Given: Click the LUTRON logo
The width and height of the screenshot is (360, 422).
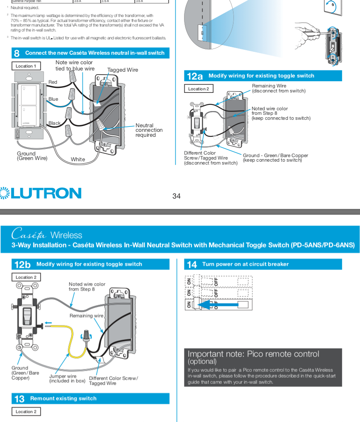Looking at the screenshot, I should [x=41, y=193].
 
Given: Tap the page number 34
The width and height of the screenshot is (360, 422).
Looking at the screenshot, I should [x=176, y=196].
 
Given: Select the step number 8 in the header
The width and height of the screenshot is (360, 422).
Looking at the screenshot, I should [x=17, y=53].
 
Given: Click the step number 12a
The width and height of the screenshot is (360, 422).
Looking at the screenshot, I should [x=195, y=76].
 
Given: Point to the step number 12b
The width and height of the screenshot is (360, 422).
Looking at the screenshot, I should [x=22, y=264].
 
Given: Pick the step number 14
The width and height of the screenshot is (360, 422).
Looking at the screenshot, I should [x=192, y=264].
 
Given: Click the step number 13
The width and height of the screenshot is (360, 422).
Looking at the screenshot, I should [x=19, y=399].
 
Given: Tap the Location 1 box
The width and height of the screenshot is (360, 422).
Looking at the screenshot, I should [x=26, y=66].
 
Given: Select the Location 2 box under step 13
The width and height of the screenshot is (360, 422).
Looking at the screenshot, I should [x=26, y=412].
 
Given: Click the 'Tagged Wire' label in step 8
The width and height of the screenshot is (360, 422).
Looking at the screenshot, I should [x=123, y=70].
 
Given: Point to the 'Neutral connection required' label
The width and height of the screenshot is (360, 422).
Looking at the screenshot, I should [x=149, y=130].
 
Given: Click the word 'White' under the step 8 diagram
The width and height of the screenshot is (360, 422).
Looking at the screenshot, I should [x=78, y=159].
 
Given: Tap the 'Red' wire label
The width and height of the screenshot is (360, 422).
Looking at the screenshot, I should [x=53, y=82].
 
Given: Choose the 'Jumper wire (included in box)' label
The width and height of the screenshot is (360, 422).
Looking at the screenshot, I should [x=67, y=378].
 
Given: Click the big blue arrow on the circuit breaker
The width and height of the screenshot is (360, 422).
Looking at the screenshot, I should [x=216, y=305].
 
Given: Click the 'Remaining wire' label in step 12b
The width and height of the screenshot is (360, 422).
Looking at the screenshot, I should [x=86, y=316].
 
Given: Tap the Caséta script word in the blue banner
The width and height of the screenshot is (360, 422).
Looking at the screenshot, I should [x=29, y=235].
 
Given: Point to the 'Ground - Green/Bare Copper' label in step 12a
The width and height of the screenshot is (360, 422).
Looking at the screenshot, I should [x=275, y=158].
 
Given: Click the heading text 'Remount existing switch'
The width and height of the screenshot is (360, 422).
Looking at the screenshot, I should [x=63, y=398].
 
